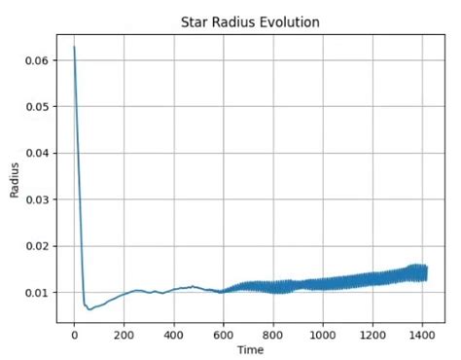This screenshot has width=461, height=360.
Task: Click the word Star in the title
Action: point(196,21)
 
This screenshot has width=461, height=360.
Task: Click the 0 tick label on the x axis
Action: point(74,334)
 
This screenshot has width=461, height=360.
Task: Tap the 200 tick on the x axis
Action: point(124,334)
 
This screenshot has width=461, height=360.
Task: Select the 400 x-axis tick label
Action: point(173,334)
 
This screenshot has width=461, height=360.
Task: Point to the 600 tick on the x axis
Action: point(223,334)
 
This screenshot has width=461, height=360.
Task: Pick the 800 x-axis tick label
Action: point(273,334)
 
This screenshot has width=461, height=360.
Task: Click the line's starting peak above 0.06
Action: point(74,47)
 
